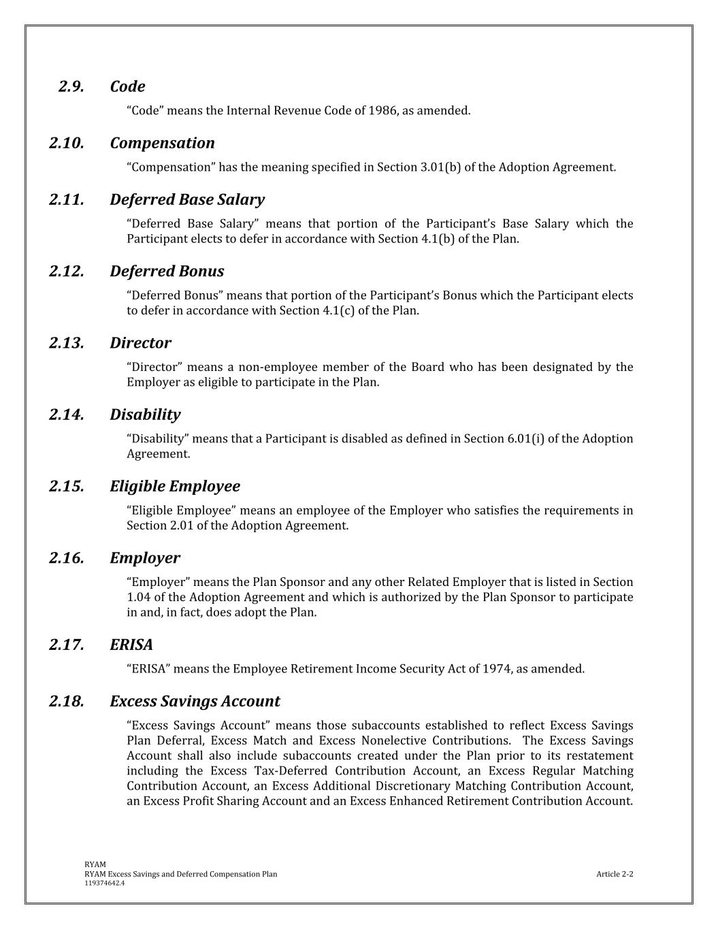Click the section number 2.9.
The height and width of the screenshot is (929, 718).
(x=71, y=86)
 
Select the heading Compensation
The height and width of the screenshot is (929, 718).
(x=162, y=143)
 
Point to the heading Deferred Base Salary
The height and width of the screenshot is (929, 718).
(x=187, y=199)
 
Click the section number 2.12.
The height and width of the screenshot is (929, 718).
(x=67, y=271)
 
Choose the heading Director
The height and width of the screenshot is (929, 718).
(x=140, y=343)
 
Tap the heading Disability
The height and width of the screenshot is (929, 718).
(x=145, y=414)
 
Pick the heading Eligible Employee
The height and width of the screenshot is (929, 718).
(x=175, y=487)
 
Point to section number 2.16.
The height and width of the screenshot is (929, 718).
(x=67, y=558)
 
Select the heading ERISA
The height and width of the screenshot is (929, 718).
(x=131, y=645)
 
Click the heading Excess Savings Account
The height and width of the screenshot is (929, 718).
(x=195, y=702)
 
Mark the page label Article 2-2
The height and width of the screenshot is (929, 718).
(x=615, y=874)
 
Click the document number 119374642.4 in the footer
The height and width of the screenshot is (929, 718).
(x=104, y=883)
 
